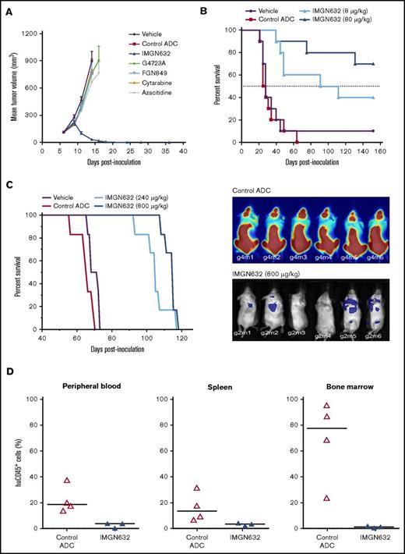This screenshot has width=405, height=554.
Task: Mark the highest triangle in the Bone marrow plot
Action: (327, 406)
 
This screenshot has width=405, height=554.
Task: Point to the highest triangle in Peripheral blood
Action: (68, 481)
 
